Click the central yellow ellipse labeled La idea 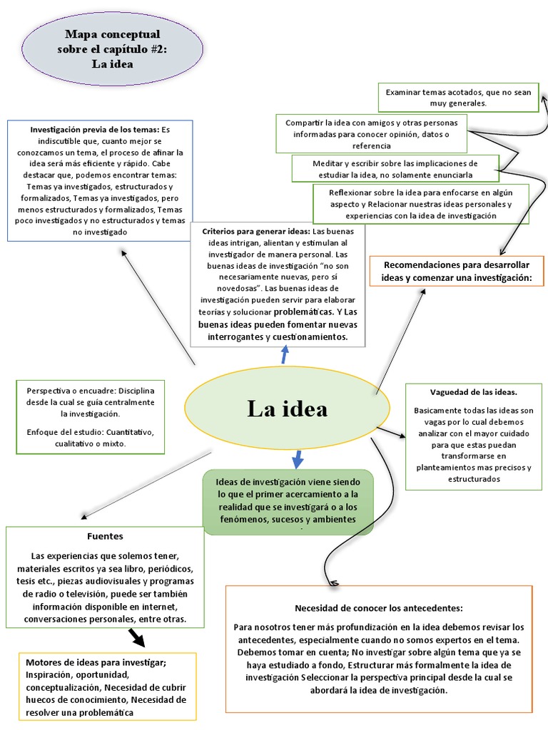(287, 408)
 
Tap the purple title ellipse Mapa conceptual (112, 48)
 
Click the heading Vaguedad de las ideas (473, 392)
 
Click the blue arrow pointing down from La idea (298, 458)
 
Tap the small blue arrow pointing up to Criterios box (285, 354)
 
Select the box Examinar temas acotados (459, 98)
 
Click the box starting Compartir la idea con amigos (371, 134)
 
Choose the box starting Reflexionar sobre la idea (421, 204)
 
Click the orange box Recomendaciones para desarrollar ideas (457, 271)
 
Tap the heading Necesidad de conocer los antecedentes (378, 608)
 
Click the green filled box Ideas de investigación (288, 500)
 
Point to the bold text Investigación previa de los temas (94, 130)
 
